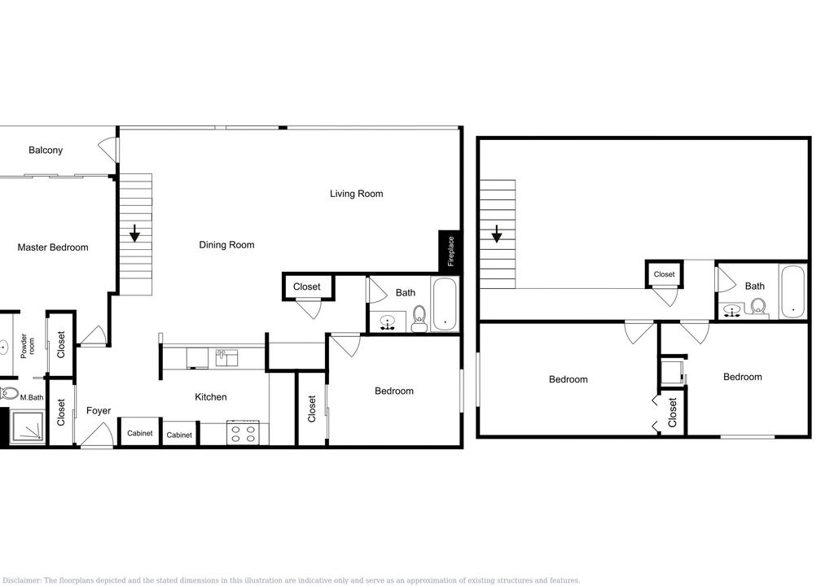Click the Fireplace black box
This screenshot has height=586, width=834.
pos(449,251)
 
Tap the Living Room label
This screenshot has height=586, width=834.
pos(357,194)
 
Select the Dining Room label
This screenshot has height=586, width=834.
pos(226,245)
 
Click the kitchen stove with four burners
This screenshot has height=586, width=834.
pos(244,432)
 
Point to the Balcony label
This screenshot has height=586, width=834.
pos(46,151)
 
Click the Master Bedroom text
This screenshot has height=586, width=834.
pos(53,247)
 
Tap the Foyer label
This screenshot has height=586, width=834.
pos(99,410)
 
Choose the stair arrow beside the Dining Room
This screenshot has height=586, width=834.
pos(134,233)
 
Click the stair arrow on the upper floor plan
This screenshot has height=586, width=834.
pos(496,234)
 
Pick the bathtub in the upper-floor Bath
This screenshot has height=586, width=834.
pos(793,292)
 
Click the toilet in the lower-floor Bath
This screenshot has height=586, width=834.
pos(419,318)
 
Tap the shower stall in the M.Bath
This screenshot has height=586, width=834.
pos(27,426)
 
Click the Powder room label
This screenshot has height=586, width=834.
pos(27,346)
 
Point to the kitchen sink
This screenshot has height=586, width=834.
pos(226,358)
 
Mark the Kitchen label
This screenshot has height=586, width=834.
pos(211,397)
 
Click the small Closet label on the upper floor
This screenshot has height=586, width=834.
pos(664,274)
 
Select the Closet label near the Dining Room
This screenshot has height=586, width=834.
pos(307,286)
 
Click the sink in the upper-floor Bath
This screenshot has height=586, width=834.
pos(733,311)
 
